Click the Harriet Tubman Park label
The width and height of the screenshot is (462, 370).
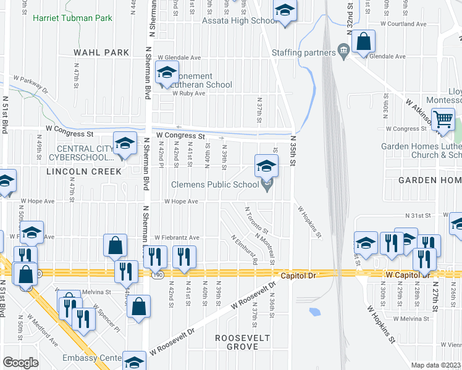click(72, 18)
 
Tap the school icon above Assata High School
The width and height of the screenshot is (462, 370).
click(284, 10)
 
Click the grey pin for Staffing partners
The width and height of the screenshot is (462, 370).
click(343, 51)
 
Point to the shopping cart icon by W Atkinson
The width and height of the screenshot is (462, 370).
click(443, 118)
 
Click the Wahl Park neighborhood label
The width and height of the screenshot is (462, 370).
click(101, 53)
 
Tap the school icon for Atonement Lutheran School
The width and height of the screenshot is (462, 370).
click(166, 73)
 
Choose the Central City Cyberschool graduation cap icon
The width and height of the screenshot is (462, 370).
click(125, 144)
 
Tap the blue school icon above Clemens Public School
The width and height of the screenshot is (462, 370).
click(266, 165)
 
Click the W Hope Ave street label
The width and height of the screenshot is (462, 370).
click(181, 202)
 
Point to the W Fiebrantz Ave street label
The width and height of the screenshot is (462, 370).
click(177, 237)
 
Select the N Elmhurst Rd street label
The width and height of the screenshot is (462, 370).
click(245, 250)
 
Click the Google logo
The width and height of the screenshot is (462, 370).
click(20, 362)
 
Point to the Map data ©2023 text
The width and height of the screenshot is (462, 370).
click(436, 365)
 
